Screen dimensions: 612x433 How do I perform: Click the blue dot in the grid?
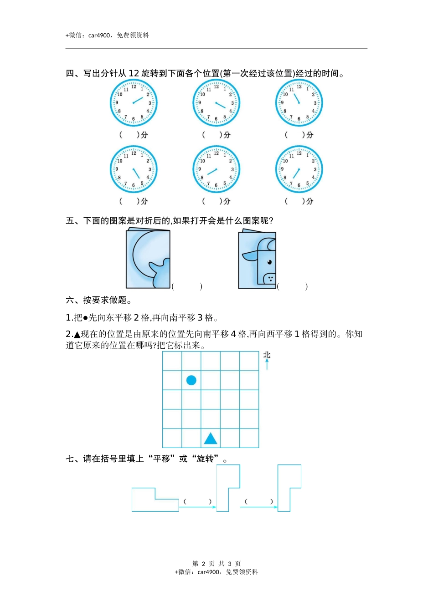pos(191,380)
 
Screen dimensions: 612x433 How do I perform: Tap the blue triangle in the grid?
pos(211,439)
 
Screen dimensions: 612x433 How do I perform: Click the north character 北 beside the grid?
pos(267,355)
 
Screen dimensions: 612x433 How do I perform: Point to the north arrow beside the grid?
pos(267,364)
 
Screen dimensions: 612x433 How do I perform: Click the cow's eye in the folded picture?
pos(269,262)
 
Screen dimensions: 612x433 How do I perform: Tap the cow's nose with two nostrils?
pos(270,278)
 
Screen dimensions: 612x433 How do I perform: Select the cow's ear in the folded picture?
pos(250,256)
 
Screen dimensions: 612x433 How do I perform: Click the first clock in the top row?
pos(134,103)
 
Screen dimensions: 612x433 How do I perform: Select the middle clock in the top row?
pos(216,103)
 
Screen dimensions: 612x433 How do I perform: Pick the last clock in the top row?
pos(299,103)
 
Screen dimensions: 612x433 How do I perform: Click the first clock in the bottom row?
pos(134,169)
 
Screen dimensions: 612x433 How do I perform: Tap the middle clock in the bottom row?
pos(216,169)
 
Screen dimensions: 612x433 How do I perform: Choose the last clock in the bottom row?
pos(299,169)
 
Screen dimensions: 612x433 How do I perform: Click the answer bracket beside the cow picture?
pos(293,286)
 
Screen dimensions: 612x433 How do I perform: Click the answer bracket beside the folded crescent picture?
pos(187,286)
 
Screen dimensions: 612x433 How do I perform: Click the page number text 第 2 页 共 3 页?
pos(216,564)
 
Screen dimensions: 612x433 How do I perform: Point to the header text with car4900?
pos(108,35)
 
